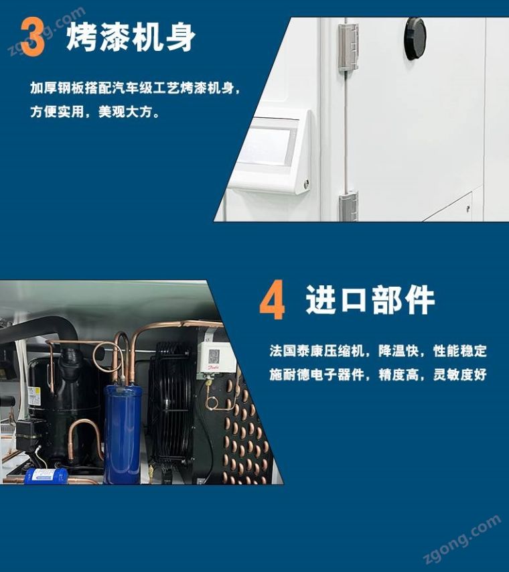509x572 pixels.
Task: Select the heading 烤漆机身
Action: pyautogui.click(x=131, y=38)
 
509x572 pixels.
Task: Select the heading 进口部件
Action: pyautogui.click(x=370, y=300)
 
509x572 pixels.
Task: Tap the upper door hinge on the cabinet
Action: pyautogui.click(x=348, y=47)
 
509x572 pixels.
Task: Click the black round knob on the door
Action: pyautogui.click(x=415, y=38)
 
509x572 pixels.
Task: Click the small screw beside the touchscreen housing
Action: pyautogui.click(x=306, y=183)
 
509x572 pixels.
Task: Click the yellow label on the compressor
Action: pyautogui.click(x=33, y=397)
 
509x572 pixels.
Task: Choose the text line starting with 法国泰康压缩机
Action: pyautogui.click(x=378, y=351)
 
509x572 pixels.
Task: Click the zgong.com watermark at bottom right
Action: pyautogui.click(x=462, y=539)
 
